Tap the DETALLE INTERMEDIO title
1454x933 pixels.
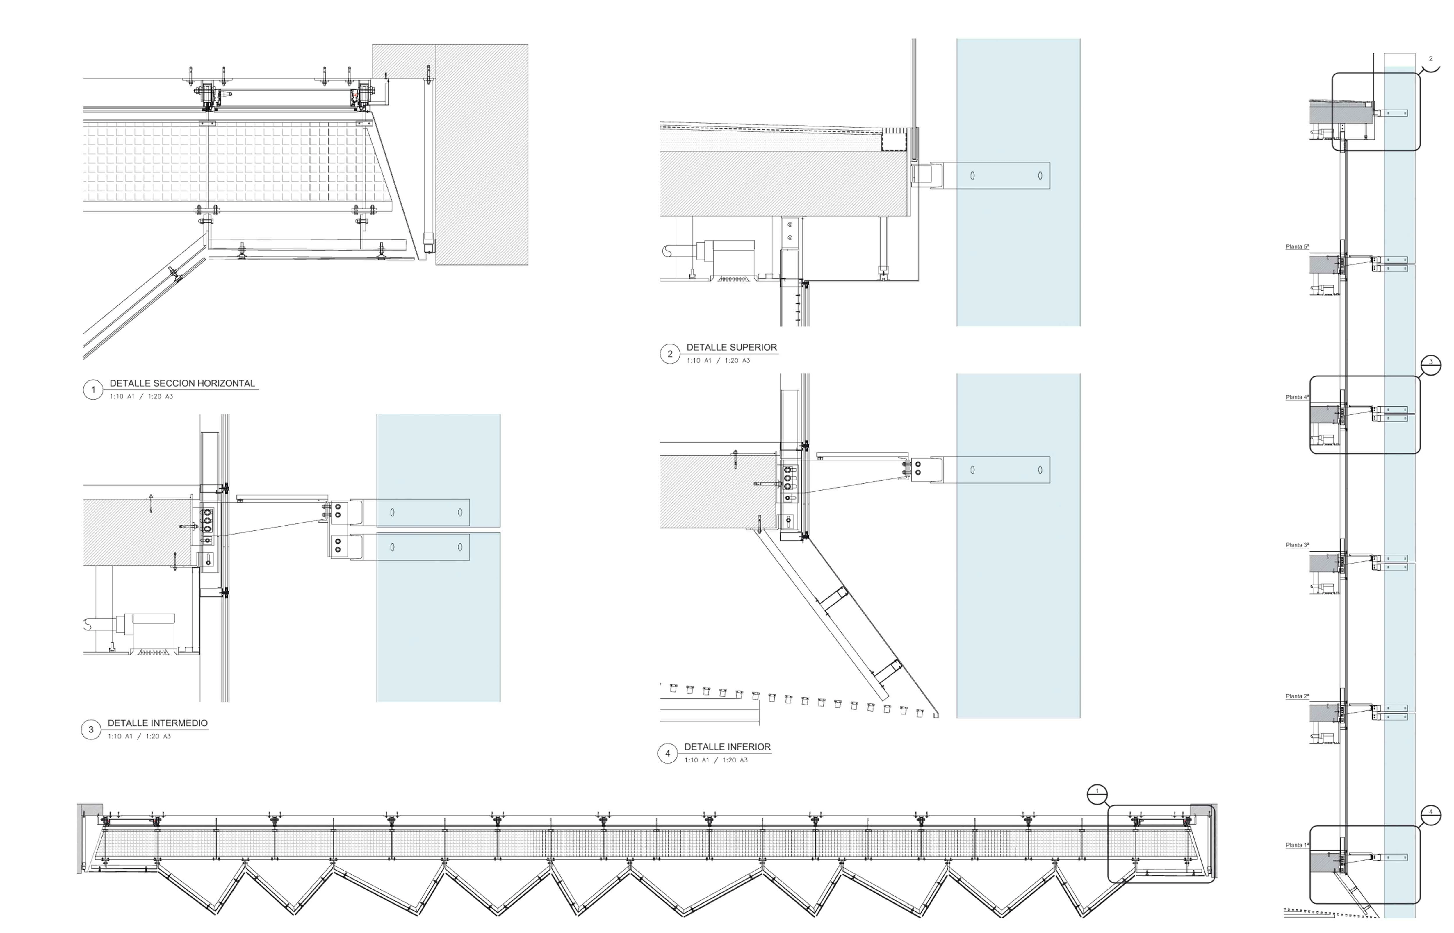(158, 723)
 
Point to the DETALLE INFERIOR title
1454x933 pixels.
(727, 747)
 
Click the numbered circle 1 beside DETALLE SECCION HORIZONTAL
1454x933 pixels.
(93, 389)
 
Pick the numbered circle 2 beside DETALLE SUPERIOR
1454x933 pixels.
(670, 354)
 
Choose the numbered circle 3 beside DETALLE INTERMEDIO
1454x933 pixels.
(91, 730)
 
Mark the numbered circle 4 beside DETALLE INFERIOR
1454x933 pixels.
(667, 754)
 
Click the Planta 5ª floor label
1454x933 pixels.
(1297, 246)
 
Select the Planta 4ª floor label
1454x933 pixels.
(1297, 397)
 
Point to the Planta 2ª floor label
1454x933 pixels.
(1297, 696)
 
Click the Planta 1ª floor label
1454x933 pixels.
(1297, 845)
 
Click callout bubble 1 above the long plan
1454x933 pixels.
(1097, 794)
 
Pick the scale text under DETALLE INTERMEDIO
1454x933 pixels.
(139, 736)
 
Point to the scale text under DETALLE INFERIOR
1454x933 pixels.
(716, 760)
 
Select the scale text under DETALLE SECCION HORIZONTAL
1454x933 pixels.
(141, 396)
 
